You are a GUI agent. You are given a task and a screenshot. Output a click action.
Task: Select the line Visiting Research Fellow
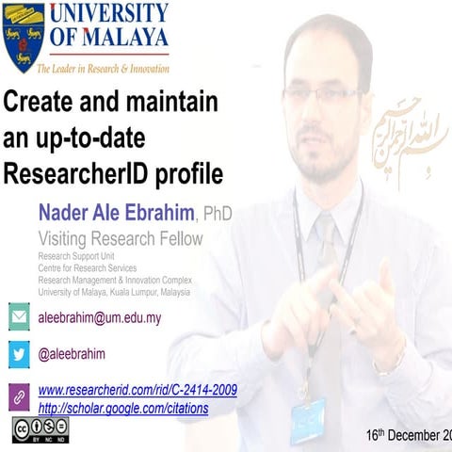tap(120, 238)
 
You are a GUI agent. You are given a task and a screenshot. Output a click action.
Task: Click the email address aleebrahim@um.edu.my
tap(100, 317)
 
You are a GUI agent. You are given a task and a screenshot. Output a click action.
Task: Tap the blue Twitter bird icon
tap(19, 354)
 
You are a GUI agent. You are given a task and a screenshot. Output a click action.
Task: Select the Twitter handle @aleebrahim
tap(72, 354)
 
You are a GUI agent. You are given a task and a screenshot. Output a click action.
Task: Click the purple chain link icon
tap(19, 396)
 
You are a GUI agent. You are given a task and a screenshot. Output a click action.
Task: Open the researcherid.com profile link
tap(137, 390)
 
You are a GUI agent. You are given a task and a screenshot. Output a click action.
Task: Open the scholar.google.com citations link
tap(123, 409)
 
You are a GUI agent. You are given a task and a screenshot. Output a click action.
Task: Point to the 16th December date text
tap(409, 435)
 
